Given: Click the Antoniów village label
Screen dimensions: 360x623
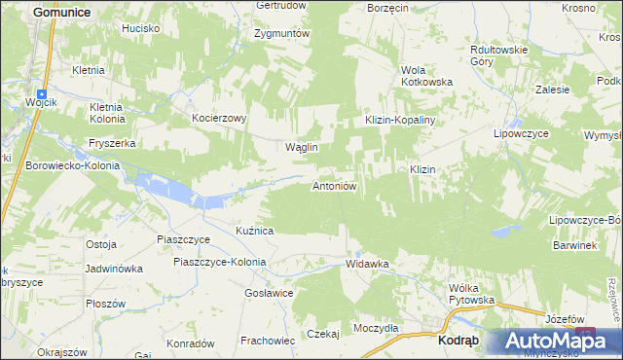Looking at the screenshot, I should (338, 185).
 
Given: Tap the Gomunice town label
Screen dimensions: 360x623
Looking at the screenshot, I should (61, 11).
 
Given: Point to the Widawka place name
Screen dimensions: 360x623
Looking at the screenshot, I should (367, 264).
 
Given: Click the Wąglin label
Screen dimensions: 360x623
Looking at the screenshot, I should (301, 147).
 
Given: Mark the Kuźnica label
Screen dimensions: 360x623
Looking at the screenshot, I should (254, 231).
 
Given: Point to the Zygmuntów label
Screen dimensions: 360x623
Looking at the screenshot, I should (281, 33).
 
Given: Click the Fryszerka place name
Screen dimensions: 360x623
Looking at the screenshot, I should (112, 142).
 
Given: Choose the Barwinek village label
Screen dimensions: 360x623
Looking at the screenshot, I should (570, 246).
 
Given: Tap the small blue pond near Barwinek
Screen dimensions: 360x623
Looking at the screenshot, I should (504, 232).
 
